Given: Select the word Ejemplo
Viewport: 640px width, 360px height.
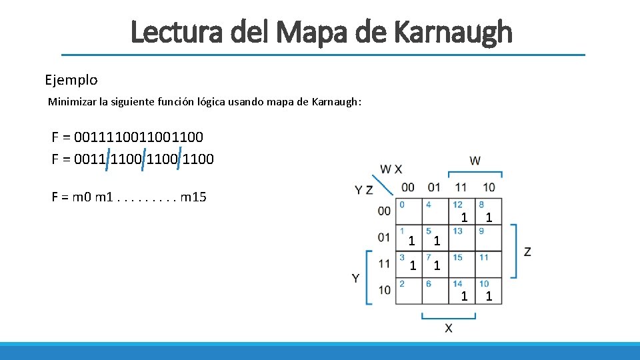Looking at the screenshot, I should (x=71, y=80).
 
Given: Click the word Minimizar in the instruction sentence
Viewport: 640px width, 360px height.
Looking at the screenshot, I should (x=71, y=102).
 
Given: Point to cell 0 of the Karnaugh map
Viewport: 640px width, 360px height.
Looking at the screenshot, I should (x=409, y=211).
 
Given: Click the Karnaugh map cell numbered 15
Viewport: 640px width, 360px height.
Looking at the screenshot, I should (x=462, y=265).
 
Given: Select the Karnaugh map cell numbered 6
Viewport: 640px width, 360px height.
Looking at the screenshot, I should (x=435, y=291).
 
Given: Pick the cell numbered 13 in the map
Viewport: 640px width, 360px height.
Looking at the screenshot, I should (x=462, y=238).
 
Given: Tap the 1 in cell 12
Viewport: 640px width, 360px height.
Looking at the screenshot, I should (x=465, y=217).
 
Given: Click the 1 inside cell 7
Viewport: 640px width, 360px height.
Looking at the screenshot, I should (x=437, y=266).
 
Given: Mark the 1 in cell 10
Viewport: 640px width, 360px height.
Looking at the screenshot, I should (x=489, y=296).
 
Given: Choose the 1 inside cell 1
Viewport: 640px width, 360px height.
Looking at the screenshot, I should (x=412, y=240).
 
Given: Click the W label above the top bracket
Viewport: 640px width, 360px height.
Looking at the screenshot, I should (x=475, y=161).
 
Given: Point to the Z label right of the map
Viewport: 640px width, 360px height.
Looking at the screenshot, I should (x=527, y=251).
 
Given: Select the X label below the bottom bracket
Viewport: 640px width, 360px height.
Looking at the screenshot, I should (x=448, y=327).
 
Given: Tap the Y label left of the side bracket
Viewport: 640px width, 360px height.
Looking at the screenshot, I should (x=356, y=277).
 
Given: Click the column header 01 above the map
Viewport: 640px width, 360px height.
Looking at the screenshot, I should (x=434, y=187).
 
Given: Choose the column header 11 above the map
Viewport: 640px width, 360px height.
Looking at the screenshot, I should (x=461, y=187).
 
